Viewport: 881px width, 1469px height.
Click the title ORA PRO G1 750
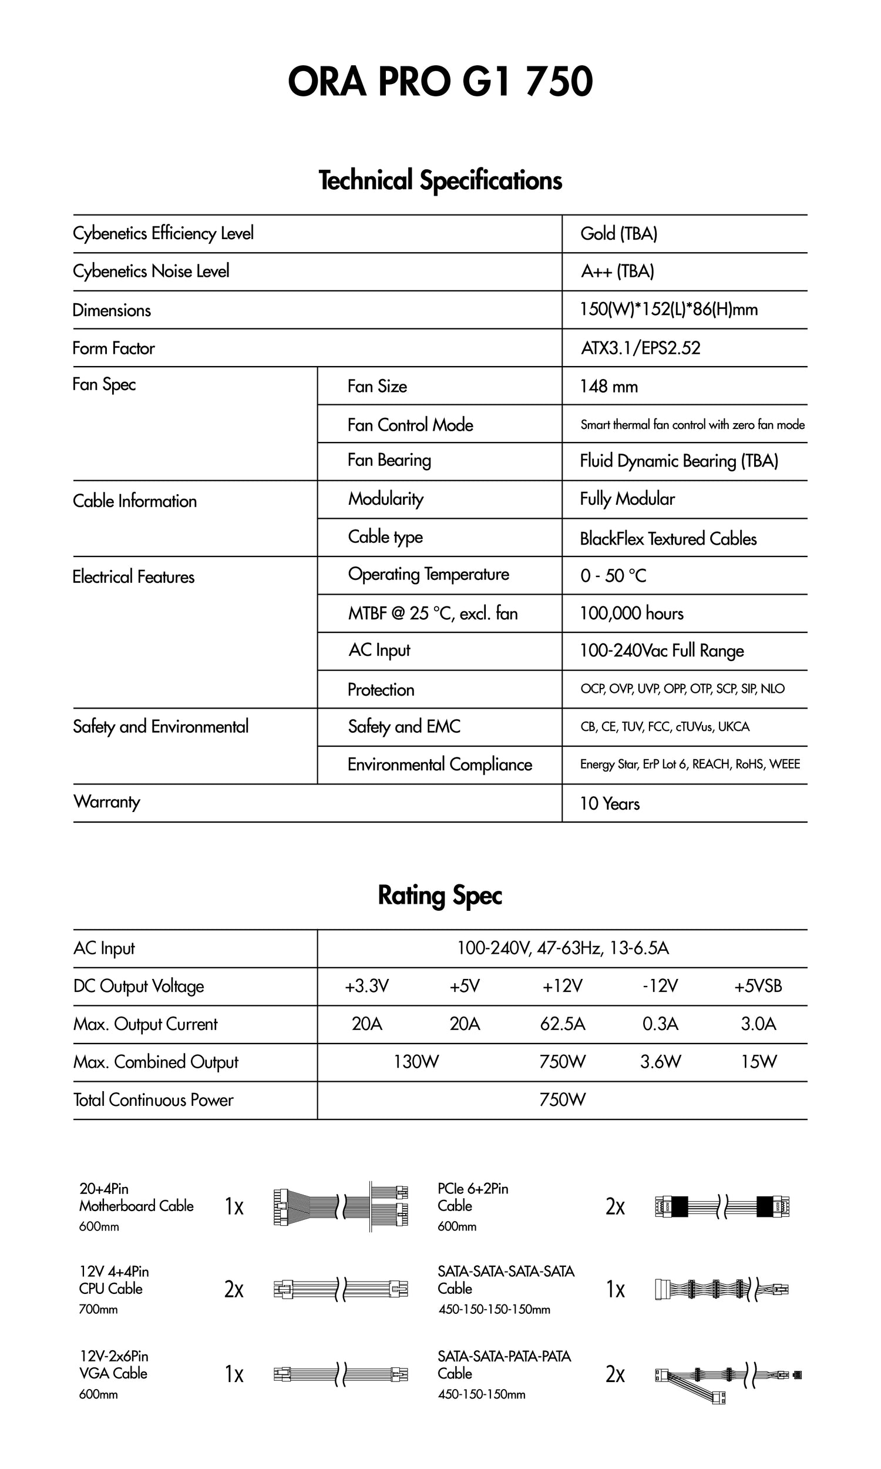point(440,81)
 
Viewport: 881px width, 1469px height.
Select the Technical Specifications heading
point(440,180)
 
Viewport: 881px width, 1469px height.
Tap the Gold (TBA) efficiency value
point(618,233)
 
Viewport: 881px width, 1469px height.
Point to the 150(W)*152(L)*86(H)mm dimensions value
point(668,309)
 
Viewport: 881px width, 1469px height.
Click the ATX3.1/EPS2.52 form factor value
point(640,347)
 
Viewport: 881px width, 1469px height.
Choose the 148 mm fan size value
point(608,387)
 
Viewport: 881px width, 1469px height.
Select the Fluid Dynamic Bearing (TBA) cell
point(678,461)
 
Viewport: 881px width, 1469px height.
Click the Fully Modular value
point(627,499)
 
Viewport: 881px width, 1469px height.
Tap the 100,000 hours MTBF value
point(631,613)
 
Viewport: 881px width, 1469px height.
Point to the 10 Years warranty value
point(609,803)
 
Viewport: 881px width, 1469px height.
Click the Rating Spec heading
point(440,896)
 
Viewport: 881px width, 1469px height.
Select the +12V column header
point(562,986)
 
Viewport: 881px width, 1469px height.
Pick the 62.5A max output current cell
point(562,1024)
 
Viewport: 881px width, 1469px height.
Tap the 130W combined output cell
point(416,1062)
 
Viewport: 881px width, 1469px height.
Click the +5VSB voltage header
point(758,986)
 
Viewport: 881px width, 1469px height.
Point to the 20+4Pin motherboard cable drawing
point(341,1206)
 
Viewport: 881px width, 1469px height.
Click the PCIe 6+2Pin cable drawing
point(722,1206)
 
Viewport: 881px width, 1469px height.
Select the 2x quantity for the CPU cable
point(234,1289)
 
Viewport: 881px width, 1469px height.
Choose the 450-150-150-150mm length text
point(494,1309)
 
